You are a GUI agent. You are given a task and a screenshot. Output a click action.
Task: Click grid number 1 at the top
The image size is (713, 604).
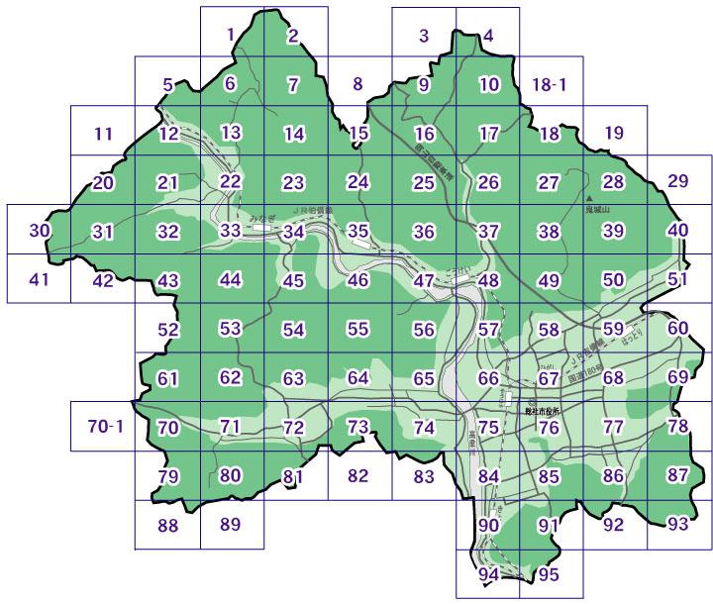231,35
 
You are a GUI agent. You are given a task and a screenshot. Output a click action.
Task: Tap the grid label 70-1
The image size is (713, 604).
104,428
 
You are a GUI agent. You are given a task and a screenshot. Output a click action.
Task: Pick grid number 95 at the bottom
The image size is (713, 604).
550,573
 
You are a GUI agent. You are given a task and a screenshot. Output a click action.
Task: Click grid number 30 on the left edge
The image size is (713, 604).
40,231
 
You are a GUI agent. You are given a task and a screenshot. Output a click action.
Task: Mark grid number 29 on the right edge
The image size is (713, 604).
677,180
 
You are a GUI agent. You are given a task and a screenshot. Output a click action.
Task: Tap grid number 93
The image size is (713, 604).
677,523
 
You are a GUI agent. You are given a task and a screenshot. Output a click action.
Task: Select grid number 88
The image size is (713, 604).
168,525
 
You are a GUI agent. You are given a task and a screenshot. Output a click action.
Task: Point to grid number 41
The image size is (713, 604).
40,278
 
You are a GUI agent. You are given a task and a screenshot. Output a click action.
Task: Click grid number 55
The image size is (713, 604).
358,328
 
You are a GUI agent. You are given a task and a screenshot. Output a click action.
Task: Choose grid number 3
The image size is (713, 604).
423,37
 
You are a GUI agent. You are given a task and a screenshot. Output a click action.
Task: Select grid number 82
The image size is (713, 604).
358,475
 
